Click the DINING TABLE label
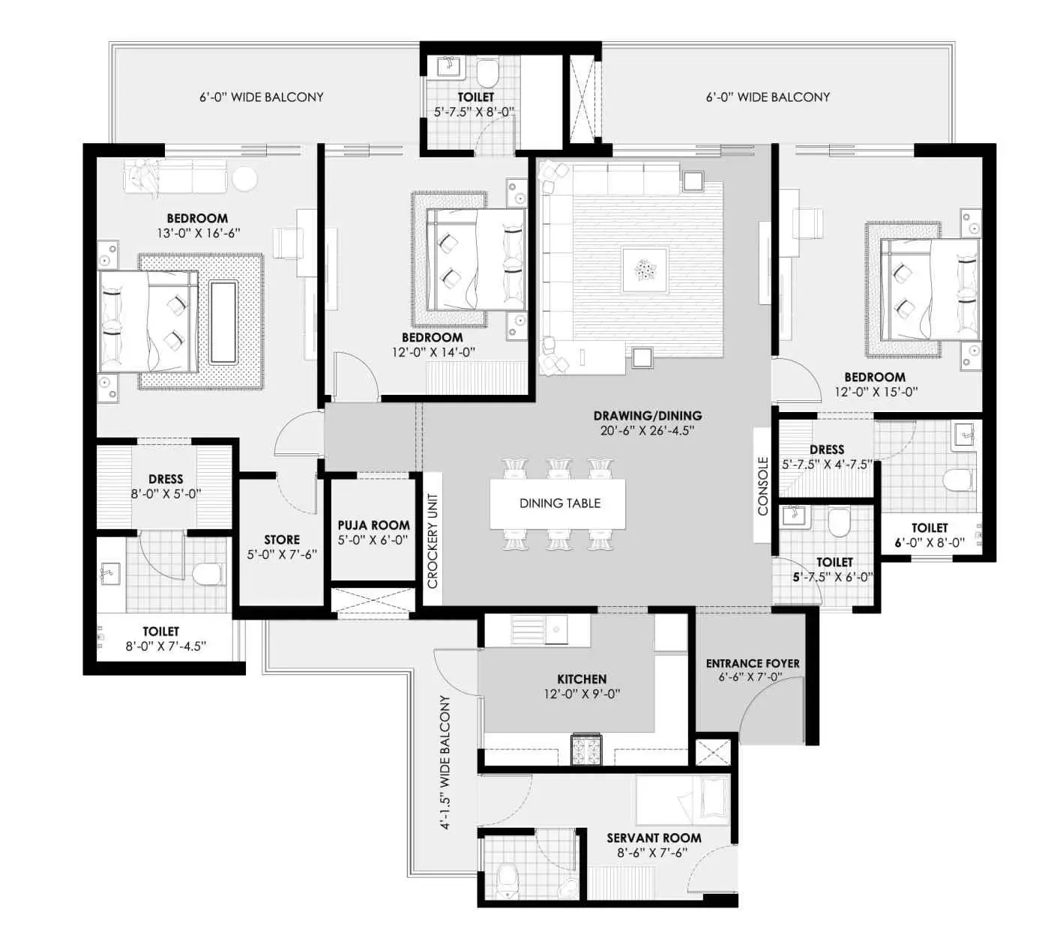pyautogui.click(x=559, y=503)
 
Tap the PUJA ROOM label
pyautogui.click(x=373, y=525)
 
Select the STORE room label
pyautogui.click(x=282, y=539)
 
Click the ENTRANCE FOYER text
pyautogui.click(x=753, y=664)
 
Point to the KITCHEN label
pyautogui.click(x=582, y=679)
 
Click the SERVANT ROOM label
pyautogui.click(x=654, y=838)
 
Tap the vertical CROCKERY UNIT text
pyautogui.click(x=433, y=541)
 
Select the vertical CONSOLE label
pyautogui.click(x=762, y=485)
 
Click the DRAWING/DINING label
pyautogui.click(x=648, y=415)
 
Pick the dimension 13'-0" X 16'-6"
pyautogui.click(x=199, y=234)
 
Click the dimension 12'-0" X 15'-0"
pyautogui.click(x=876, y=392)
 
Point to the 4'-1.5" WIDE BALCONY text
pyautogui.click(x=445, y=762)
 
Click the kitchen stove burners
pyautogui.click(x=586, y=749)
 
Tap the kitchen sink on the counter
pyautogui.click(x=556, y=629)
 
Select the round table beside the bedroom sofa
pyautogui.click(x=245, y=179)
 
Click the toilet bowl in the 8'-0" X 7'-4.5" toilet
pyautogui.click(x=208, y=575)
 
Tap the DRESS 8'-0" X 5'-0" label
pyautogui.click(x=166, y=486)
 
